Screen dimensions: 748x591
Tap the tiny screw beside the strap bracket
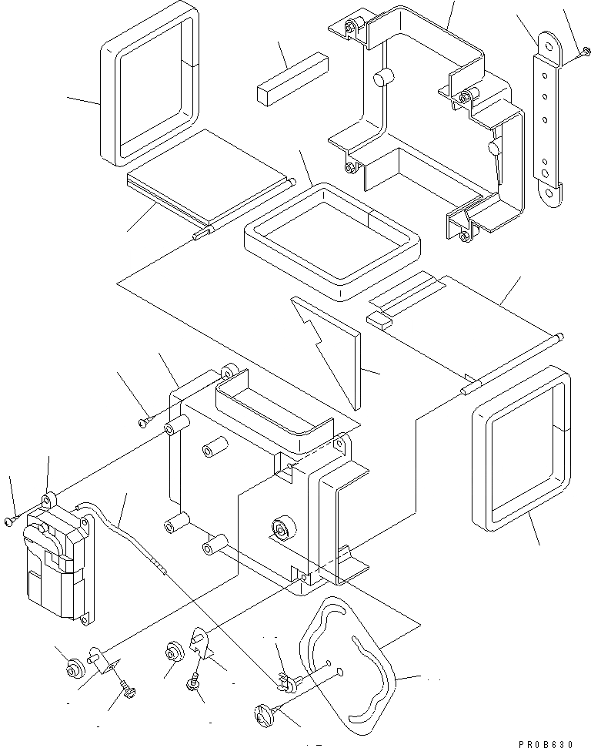[x=585, y=52]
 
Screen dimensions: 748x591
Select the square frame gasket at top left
[x=149, y=85]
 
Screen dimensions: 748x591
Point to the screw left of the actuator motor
[x=9, y=522]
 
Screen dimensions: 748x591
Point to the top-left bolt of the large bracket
[x=352, y=30]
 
